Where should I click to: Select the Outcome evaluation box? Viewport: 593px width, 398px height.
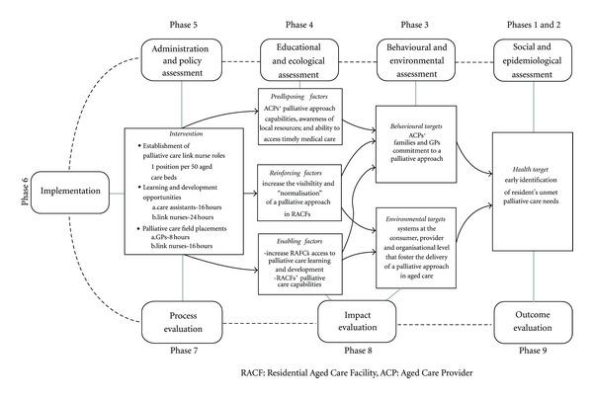(534, 320)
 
